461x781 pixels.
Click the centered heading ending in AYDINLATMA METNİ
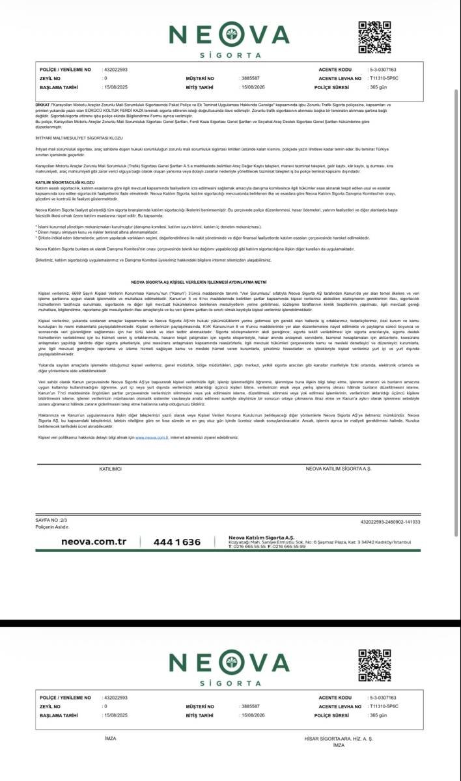pos(230,283)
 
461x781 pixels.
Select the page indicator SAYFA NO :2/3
pos(51,521)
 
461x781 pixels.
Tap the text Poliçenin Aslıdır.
pos(52,527)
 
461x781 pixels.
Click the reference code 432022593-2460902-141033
pos(390,521)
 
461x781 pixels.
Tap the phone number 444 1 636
pos(177,542)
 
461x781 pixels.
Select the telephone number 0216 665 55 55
pos(249,547)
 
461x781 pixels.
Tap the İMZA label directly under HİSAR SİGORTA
pos(339,745)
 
